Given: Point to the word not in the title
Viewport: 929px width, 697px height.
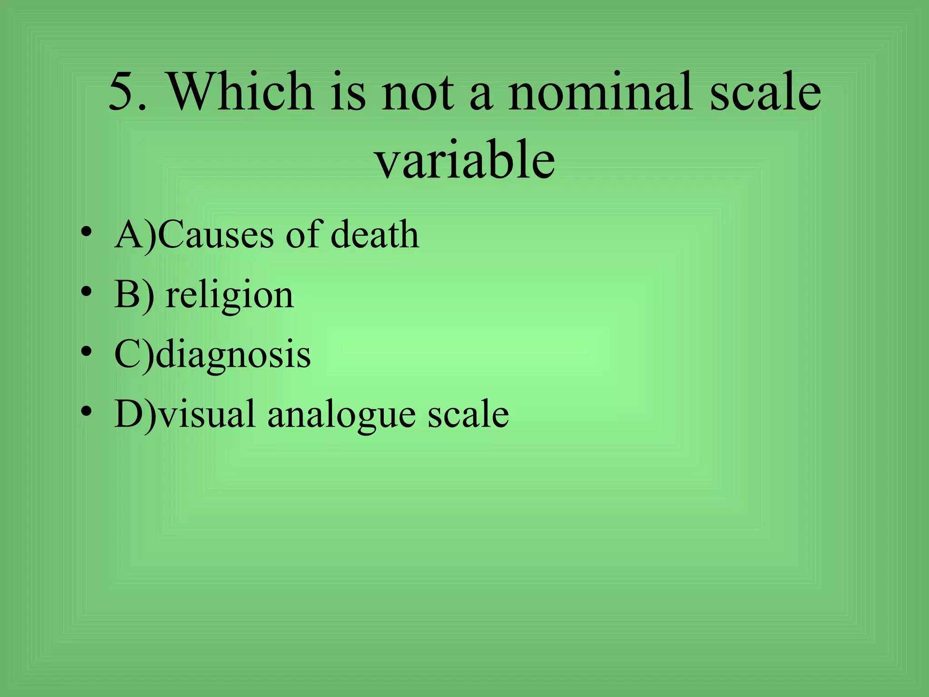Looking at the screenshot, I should point(418,92).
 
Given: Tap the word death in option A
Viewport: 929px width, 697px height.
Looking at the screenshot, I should point(375,235).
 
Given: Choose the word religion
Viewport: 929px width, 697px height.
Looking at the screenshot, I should point(230,296).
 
